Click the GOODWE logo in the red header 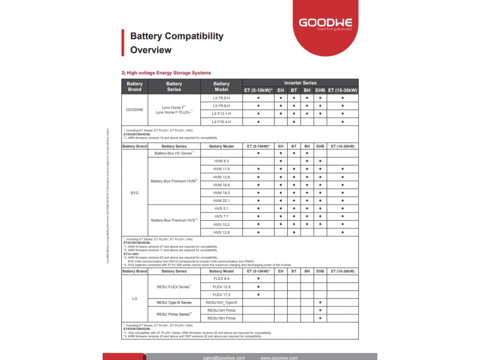tap(326, 23)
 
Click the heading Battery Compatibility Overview tap(176, 43)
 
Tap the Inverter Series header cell tap(300, 83)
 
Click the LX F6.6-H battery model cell tap(221, 98)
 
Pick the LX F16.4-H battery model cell tap(221, 122)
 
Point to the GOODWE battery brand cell tap(135, 110)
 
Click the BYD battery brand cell tap(135, 193)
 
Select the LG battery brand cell tap(135, 299)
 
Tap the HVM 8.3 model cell tap(221, 161)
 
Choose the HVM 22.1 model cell tap(221, 201)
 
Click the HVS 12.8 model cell tap(221, 232)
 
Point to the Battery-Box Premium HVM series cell tap(174, 181)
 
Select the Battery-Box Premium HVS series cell tap(174, 220)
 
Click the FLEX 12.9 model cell tap(221, 287)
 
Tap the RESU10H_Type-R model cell tap(221, 303)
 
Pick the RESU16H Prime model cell tap(221, 318)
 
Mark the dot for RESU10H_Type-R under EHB tap(320, 303)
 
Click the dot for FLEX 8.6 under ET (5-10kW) tap(258, 279)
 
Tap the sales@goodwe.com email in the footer tap(224, 358)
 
